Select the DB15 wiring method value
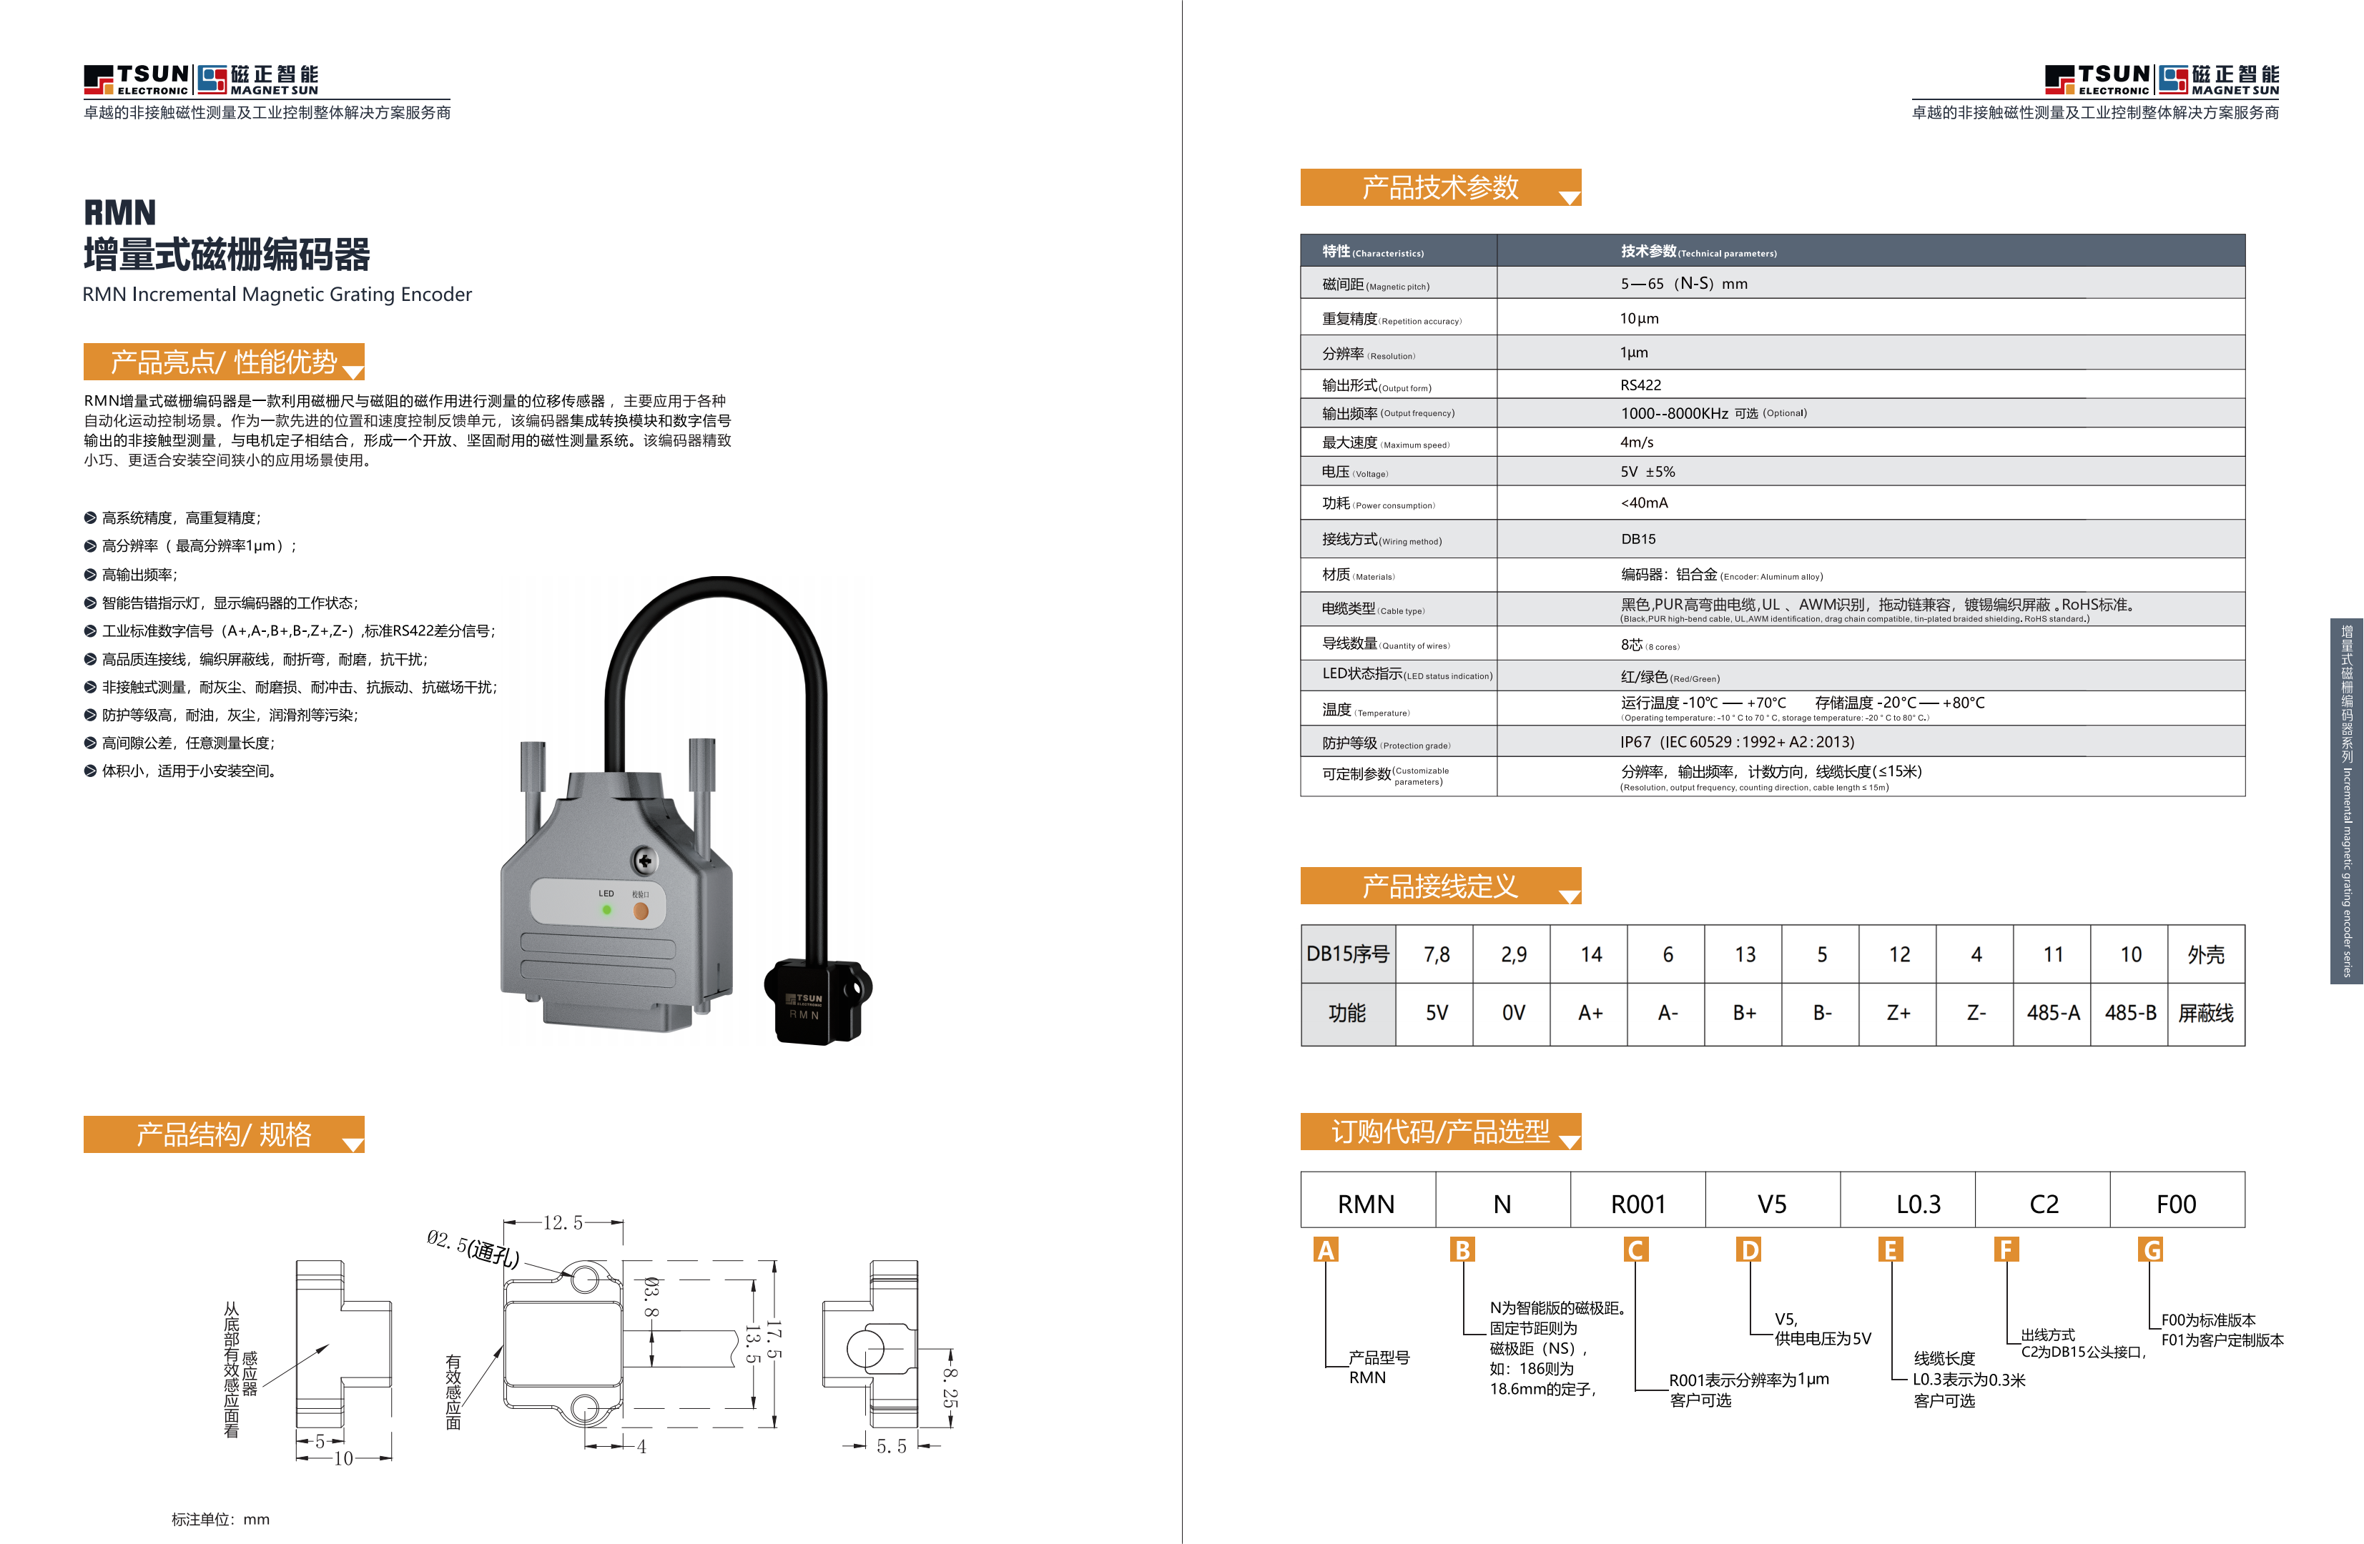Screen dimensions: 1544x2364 tap(1638, 539)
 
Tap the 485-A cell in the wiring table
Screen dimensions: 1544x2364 tap(2052, 1013)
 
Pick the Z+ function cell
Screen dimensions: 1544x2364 tap(1898, 1013)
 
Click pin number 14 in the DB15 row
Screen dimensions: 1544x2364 tap(1590, 954)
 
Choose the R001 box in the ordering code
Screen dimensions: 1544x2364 tap(1638, 1204)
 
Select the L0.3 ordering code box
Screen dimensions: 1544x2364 tap(1917, 1204)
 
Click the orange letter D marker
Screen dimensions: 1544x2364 tap(1749, 1249)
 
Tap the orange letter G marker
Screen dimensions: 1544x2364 tap(2152, 1249)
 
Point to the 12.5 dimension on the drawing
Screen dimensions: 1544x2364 tap(563, 1222)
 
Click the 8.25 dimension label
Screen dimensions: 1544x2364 tap(950, 1386)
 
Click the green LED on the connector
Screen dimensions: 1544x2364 tap(606, 909)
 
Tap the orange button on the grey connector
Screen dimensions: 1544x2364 tap(641, 911)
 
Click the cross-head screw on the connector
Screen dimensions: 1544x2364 tap(645, 861)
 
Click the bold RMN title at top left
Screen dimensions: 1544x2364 tap(119, 212)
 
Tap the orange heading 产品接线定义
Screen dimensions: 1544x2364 tap(1439, 886)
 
